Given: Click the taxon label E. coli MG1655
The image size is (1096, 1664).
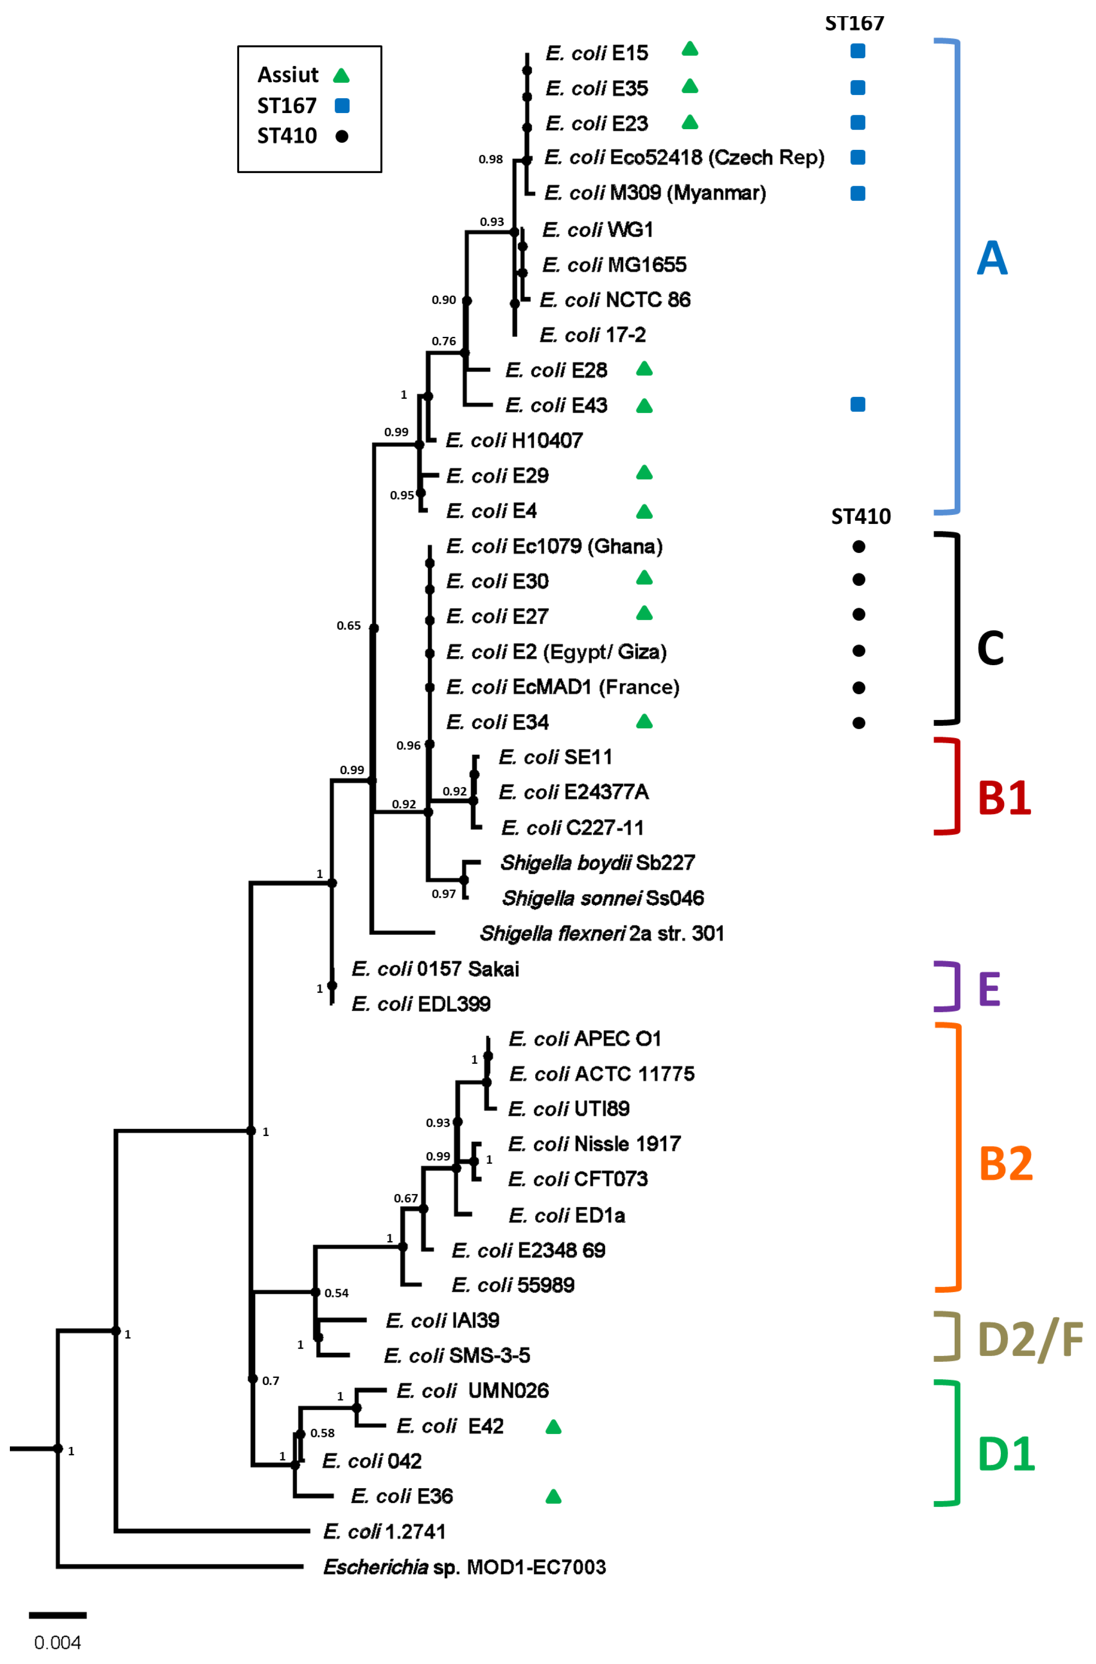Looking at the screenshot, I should [614, 265].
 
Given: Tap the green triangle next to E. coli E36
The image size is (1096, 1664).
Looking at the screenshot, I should [553, 1497].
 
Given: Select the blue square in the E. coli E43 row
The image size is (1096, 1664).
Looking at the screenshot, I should [857, 404].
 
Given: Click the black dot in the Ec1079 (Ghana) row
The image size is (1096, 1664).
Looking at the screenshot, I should [859, 547].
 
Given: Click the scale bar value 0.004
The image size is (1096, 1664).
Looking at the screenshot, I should [57, 1642].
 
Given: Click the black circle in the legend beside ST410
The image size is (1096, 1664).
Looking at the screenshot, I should [341, 135].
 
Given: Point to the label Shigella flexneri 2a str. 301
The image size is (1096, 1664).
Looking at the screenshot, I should [602, 933].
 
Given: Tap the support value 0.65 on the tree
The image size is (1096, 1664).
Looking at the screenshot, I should [348, 626].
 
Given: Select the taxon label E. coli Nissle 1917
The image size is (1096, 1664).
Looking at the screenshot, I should [594, 1144].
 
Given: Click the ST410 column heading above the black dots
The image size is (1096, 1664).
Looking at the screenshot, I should [860, 517].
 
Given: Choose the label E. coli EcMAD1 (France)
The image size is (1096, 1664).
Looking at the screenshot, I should [562, 687].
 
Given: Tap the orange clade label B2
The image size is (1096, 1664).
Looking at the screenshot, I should [1005, 1163].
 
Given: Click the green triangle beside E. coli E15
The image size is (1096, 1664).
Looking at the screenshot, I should [690, 49].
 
